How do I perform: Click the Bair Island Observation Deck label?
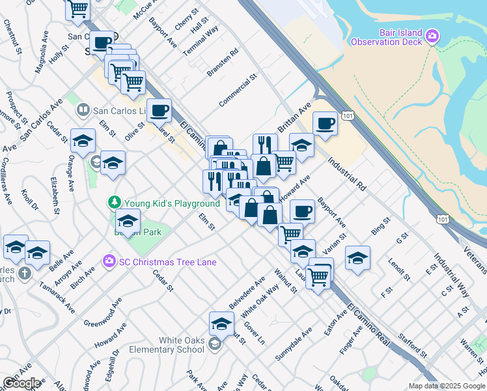coord(386,37)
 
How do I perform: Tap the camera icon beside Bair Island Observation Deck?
coord(432,37)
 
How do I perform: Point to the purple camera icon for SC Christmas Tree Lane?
coord(109,262)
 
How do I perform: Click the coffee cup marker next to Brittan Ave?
coord(325,123)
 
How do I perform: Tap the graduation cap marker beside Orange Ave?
coord(83,140)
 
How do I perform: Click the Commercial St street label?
coord(238,91)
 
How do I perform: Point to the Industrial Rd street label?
coord(345,174)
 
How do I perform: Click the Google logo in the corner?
coord(21,383)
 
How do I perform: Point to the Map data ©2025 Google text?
coord(446,386)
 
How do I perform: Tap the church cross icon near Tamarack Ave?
coord(24,272)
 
